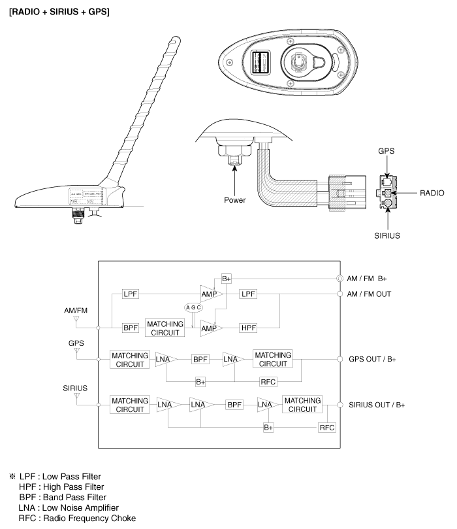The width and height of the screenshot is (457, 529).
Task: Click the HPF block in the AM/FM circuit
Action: point(249,328)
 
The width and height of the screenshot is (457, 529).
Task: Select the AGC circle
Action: point(193,308)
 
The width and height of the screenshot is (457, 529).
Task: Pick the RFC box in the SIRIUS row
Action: point(326,427)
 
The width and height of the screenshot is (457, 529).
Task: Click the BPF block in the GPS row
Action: point(200,359)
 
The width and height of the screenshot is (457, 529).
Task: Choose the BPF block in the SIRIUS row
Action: point(235,405)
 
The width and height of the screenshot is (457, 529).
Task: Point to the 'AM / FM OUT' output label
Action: point(369,294)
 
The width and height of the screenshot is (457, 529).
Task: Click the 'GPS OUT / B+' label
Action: point(372,359)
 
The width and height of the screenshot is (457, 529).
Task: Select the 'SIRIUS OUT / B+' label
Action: point(377,405)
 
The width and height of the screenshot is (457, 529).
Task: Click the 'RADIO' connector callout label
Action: point(432,194)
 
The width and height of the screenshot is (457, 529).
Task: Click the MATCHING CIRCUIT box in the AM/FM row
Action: point(165,328)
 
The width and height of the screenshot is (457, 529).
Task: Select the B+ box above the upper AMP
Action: point(227,278)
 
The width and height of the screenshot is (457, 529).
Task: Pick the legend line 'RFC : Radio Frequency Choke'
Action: point(78,519)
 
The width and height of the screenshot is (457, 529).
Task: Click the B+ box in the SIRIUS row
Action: point(268,427)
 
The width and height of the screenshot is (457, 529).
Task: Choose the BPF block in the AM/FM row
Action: point(131,328)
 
